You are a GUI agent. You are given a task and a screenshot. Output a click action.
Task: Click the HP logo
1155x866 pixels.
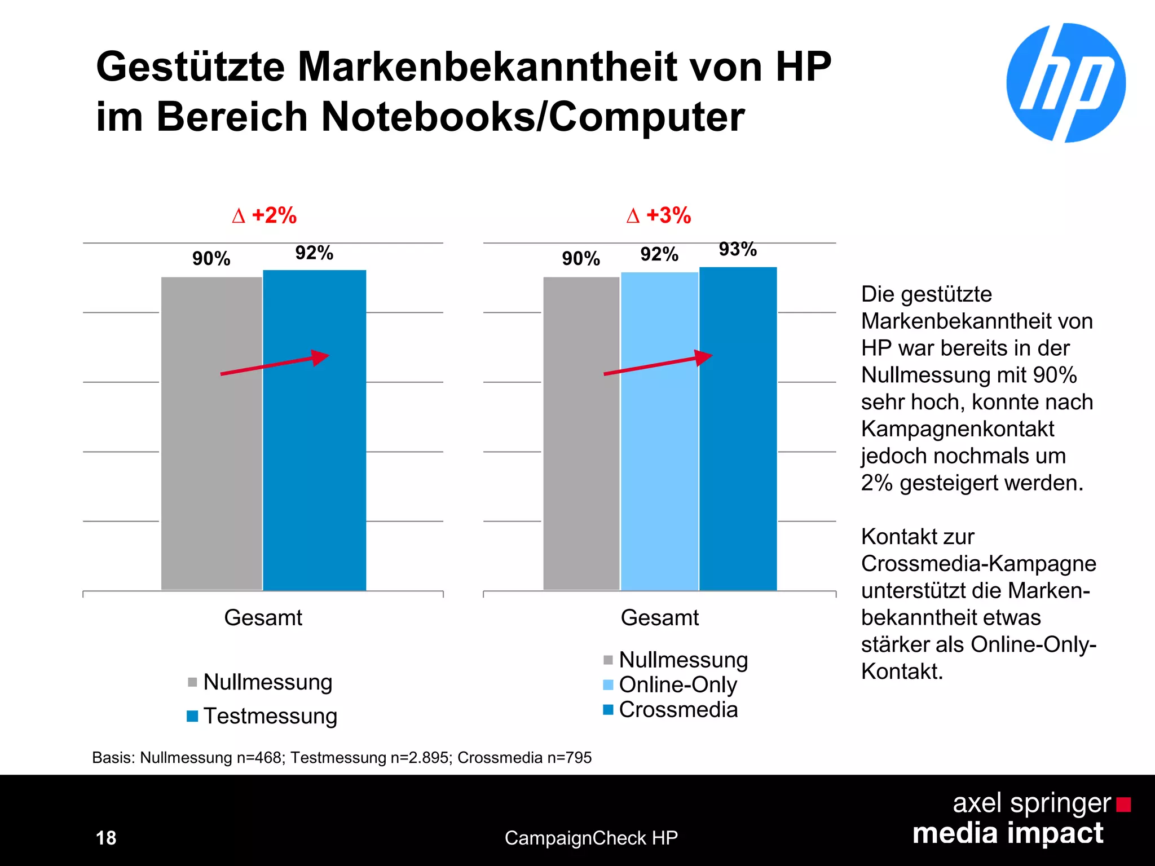point(1065,83)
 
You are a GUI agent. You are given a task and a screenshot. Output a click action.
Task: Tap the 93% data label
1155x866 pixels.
point(737,249)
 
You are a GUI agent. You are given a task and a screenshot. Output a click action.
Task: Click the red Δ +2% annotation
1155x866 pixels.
point(264,215)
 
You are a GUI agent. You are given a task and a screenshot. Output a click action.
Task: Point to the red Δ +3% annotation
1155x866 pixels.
point(658,215)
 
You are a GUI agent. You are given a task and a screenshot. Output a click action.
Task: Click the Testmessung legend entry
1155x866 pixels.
point(270,716)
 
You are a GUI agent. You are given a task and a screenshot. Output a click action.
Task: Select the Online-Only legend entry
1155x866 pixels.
point(677,684)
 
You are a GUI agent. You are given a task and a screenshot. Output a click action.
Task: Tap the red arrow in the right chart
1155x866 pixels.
point(658,365)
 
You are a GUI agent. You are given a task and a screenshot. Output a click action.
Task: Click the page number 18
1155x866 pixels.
point(106,838)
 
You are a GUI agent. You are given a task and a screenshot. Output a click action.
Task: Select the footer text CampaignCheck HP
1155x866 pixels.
point(590,838)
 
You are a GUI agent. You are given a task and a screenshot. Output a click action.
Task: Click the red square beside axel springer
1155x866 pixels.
point(1123,805)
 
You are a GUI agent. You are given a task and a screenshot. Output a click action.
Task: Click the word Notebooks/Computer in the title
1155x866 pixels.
point(532,117)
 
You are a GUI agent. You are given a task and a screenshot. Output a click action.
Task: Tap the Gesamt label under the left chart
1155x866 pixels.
point(263,618)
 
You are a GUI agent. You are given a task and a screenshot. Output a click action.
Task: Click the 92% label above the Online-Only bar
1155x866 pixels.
point(659,254)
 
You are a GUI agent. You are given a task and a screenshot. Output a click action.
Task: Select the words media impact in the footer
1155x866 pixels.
point(1007,833)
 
